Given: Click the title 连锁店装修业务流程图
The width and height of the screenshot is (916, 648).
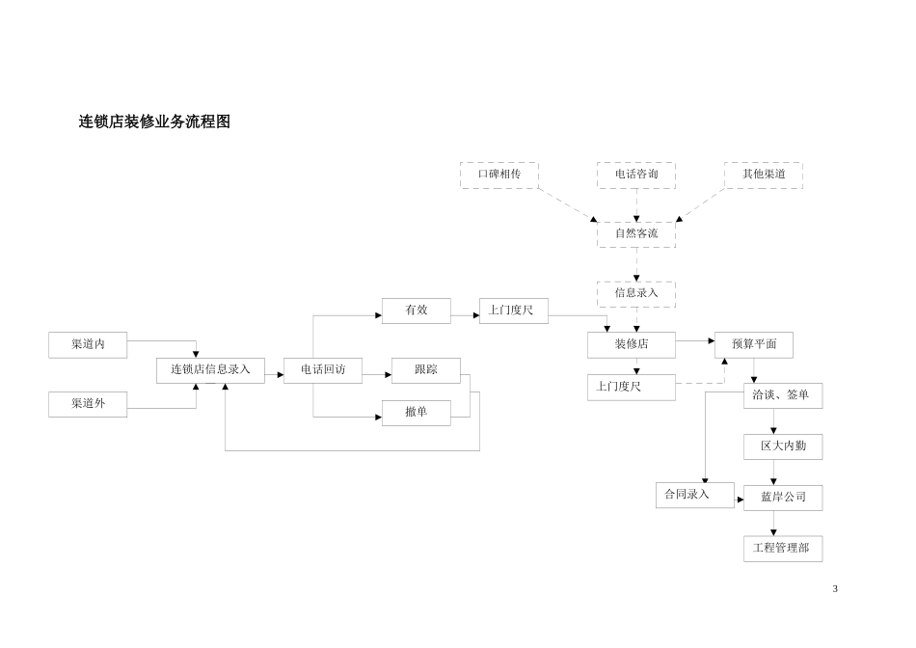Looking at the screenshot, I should [154, 121].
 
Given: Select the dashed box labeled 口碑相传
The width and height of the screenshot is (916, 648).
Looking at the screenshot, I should [498, 175].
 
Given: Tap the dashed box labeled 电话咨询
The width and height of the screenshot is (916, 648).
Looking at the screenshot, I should [635, 175].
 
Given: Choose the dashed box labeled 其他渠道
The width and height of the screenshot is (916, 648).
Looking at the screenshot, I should [763, 175].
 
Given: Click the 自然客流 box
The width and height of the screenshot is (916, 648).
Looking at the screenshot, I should [635, 234].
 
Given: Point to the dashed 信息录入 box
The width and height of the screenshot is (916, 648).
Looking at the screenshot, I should [635, 293].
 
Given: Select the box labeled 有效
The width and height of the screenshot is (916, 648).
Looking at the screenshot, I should [416, 310].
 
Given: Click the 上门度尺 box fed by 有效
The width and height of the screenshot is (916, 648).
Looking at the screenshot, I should [513, 310].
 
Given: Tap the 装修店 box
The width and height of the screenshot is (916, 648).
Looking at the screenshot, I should [631, 344].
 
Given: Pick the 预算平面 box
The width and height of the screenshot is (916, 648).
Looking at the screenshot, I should [753, 344].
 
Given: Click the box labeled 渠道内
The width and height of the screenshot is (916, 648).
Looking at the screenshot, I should [88, 344].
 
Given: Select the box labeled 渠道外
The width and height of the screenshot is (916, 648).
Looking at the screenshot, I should [88, 404].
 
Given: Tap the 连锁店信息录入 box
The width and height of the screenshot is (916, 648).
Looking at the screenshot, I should [210, 370].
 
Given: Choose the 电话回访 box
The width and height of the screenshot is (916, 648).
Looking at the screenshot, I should [322, 370].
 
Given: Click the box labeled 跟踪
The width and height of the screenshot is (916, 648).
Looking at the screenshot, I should [425, 370].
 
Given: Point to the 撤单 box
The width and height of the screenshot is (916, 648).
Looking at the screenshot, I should [416, 413].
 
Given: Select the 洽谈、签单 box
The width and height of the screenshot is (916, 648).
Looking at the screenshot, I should [782, 395].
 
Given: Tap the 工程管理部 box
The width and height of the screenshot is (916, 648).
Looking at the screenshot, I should [782, 549].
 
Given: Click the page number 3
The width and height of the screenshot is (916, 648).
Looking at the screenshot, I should [835, 588].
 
